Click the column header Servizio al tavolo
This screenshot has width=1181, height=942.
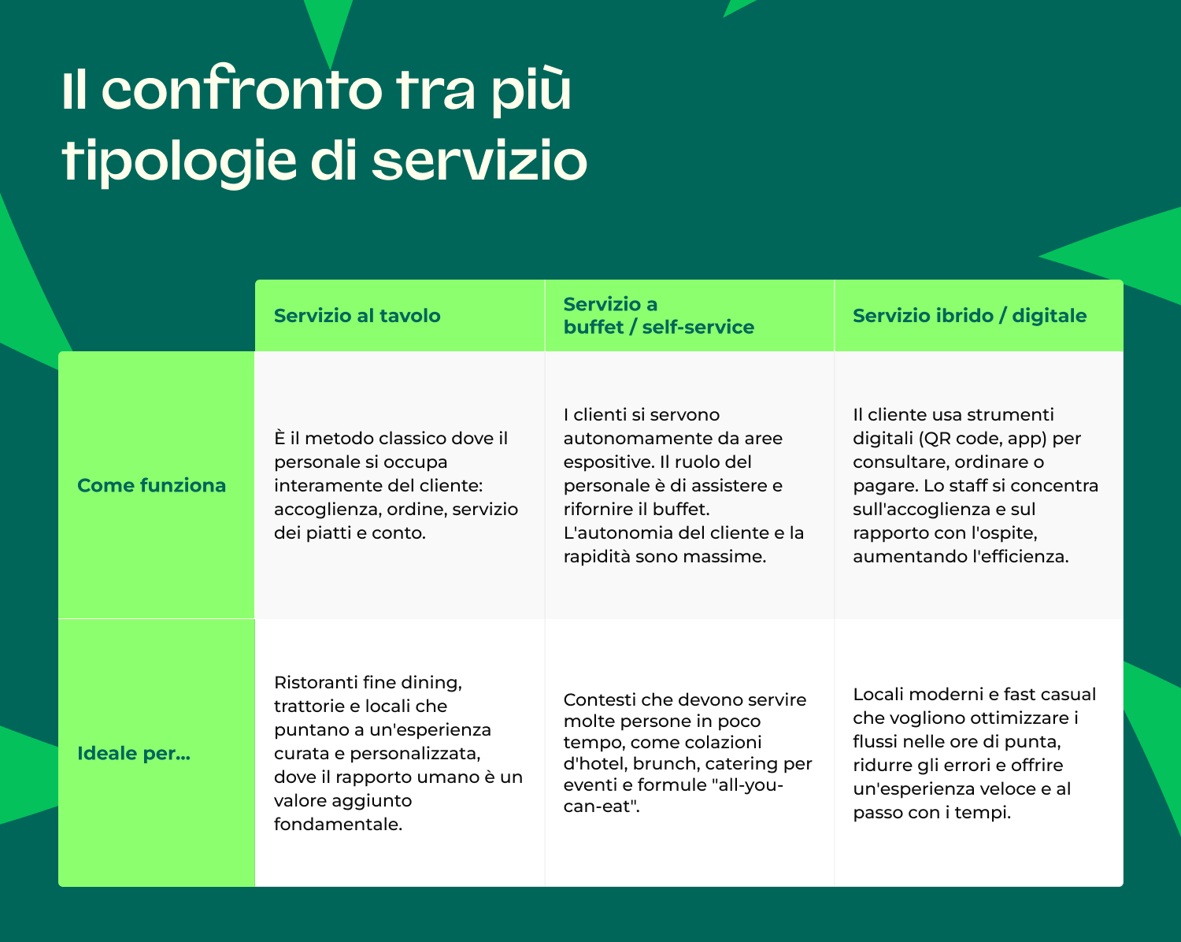coord(357,316)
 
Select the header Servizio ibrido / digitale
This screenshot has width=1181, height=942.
coord(969,316)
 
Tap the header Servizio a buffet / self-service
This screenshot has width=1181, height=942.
coord(658,316)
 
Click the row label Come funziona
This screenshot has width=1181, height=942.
coord(151,485)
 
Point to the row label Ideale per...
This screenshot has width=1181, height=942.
coord(133,754)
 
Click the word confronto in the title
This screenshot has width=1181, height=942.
coord(241,91)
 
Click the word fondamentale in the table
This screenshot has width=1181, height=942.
coord(338,825)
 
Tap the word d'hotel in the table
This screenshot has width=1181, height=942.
coord(594,764)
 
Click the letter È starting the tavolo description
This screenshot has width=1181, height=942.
coord(280,438)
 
